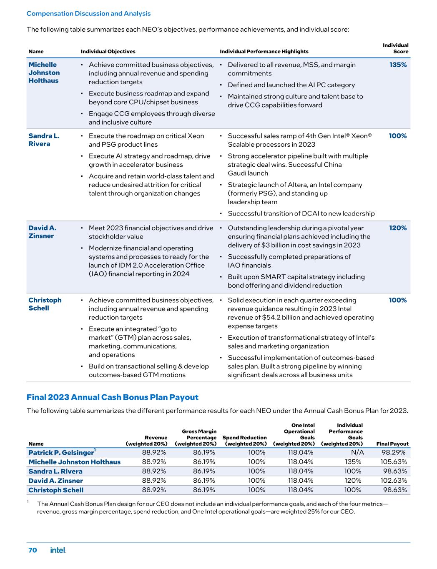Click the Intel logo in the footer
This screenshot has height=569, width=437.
(58, 550)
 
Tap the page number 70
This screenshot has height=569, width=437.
(33, 550)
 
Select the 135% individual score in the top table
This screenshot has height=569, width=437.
(398, 65)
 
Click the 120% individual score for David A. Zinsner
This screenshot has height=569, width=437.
(398, 228)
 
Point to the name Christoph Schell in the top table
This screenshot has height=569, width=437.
(45, 304)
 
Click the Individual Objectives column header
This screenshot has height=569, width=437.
(108, 52)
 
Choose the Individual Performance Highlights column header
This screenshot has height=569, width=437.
(264, 52)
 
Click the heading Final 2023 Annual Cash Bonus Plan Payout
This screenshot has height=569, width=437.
(113, 397)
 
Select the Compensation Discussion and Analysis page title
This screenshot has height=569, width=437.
(88, 13)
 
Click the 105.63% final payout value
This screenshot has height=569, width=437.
(394, 462)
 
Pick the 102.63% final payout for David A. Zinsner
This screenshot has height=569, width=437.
(394, 481)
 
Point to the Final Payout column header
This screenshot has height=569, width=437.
(392, 444)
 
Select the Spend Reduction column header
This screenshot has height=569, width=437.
(244, 441)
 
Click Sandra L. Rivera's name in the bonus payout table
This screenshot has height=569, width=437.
(55, 471)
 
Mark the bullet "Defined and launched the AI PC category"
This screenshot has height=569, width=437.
(291, 85)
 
